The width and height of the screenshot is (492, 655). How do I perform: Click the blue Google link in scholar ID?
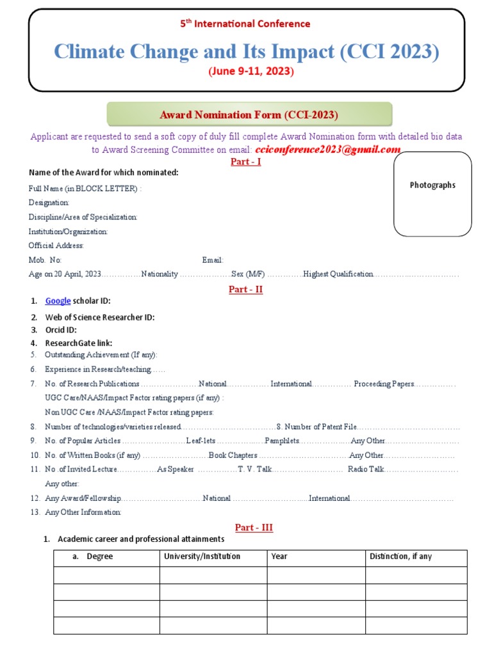pos(58,301)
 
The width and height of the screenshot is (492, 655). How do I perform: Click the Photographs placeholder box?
pos(432,194)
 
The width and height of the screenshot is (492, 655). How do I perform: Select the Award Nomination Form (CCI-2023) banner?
pos(249,114)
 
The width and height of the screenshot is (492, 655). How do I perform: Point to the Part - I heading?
pos(245,162)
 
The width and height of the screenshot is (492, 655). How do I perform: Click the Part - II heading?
pos(245,289)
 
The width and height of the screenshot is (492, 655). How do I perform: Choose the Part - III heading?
pos(254,528)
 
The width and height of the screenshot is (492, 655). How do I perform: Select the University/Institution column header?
pos(202,556)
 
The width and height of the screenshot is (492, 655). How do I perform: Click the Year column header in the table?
pos(279,556)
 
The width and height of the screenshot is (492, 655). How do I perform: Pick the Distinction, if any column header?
pos(400,556)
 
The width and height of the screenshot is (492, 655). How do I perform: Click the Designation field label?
pos(49,203)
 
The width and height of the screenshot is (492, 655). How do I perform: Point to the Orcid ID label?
pos(61,330)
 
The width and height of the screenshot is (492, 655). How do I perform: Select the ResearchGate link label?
pos(78,343)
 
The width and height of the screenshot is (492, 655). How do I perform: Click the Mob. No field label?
pos(45,260)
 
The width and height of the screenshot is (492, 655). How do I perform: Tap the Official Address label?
pos(56,246)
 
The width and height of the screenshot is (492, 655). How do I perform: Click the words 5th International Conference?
pos(245,24)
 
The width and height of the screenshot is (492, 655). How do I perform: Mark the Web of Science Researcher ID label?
pos(99,317)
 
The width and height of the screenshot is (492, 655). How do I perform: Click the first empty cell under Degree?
pos(106,575)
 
